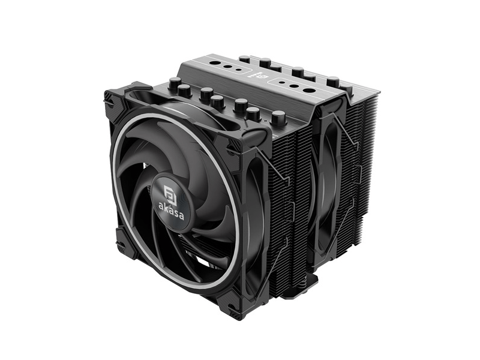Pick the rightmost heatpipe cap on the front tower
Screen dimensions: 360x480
point(278,118)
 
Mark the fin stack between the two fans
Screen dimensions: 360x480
point(288,198)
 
